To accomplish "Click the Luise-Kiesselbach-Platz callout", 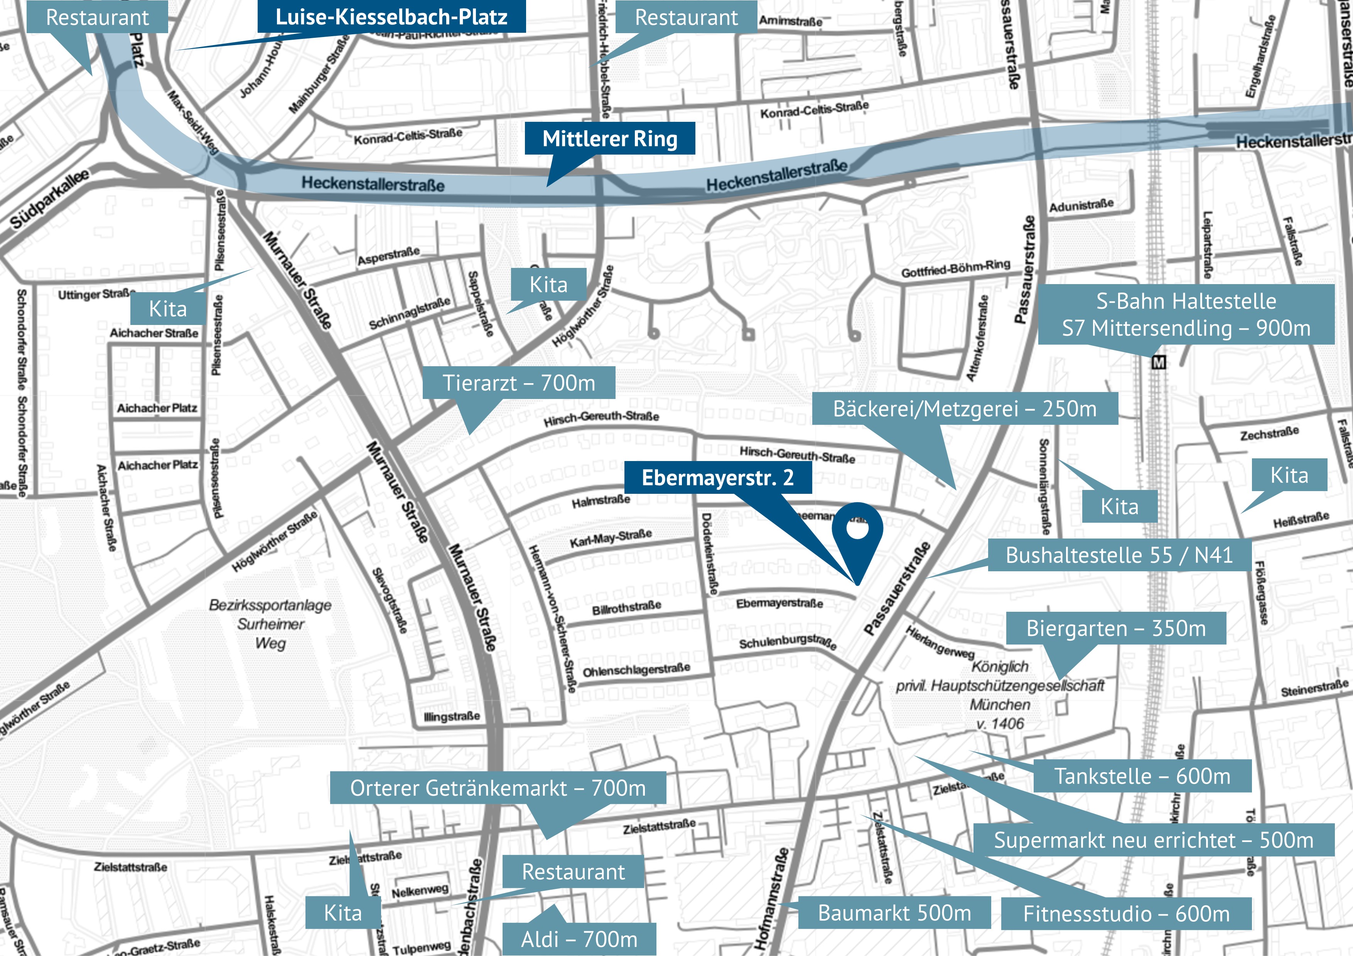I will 391,17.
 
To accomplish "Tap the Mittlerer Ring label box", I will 609,138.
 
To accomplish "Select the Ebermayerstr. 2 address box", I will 718,477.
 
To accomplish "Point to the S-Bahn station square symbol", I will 1159,362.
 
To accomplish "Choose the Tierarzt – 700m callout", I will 519,383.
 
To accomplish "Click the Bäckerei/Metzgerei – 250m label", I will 965,408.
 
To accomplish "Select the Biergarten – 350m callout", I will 1116,628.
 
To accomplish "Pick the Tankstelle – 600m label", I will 1142,776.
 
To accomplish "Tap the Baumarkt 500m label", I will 894,912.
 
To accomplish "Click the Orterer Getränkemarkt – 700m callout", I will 498,788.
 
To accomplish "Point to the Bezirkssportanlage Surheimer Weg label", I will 270,624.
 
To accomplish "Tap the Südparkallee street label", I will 50,199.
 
